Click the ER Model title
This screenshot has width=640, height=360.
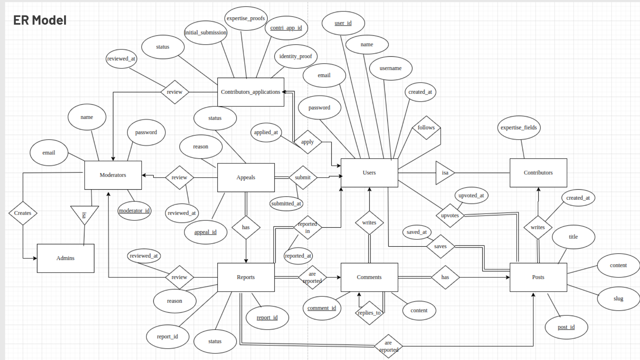click(40, 20)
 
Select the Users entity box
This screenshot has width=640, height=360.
click(369, 173)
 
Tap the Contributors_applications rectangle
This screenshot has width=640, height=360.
click(251, 92)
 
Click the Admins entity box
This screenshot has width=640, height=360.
click(65, 258)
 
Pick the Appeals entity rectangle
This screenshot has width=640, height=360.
click(246, 178)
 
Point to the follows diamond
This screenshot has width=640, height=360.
click(426, 128)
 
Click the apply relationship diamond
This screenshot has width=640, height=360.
click(307, 142)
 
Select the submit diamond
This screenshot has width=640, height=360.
click(303, 178)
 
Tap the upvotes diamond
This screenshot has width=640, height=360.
click(450, 216)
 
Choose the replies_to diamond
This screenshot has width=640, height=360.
click(369, 313)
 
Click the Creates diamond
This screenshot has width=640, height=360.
click(23, 213)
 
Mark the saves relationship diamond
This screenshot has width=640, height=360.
click(440, 247)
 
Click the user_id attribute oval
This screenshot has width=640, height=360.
click(343, 23)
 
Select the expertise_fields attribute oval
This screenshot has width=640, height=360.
click(519, 128)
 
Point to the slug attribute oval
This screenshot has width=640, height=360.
click(618, 299)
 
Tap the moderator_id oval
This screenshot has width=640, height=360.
click(134, 211)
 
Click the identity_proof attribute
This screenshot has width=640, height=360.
click(296, 56)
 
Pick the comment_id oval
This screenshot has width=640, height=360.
click(322, 308)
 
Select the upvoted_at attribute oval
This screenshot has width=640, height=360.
click(471, 196)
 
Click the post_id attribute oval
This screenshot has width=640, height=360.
click(566, 327)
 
